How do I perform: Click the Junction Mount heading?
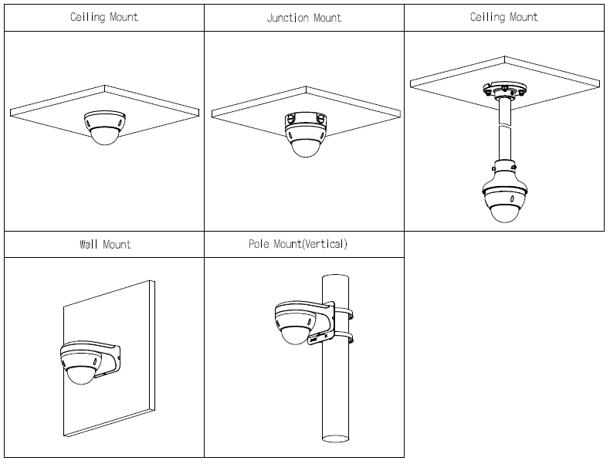304,18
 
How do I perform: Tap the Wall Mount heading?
105,245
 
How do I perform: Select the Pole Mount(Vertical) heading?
298,245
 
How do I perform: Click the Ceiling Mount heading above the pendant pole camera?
504,17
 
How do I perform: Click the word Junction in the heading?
287,18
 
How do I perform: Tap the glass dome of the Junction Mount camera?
307,146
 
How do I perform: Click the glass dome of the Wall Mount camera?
80,374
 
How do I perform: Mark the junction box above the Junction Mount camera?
307,117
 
